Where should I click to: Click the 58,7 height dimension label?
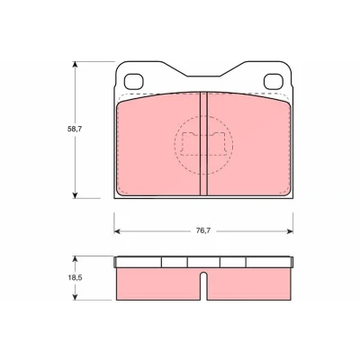[75, 130]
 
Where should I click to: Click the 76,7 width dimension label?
[203, 230]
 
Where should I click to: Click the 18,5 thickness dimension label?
[75, 278]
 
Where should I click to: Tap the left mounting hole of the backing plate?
[134, 82]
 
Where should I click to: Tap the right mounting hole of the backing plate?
[274, 82]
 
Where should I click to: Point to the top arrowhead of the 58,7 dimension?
[75, 65]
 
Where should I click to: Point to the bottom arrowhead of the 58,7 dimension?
[75, 195]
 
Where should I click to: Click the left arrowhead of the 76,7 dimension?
[117, 231]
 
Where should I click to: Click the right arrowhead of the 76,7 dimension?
[290, 231]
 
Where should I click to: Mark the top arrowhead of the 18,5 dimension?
[75, 259]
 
